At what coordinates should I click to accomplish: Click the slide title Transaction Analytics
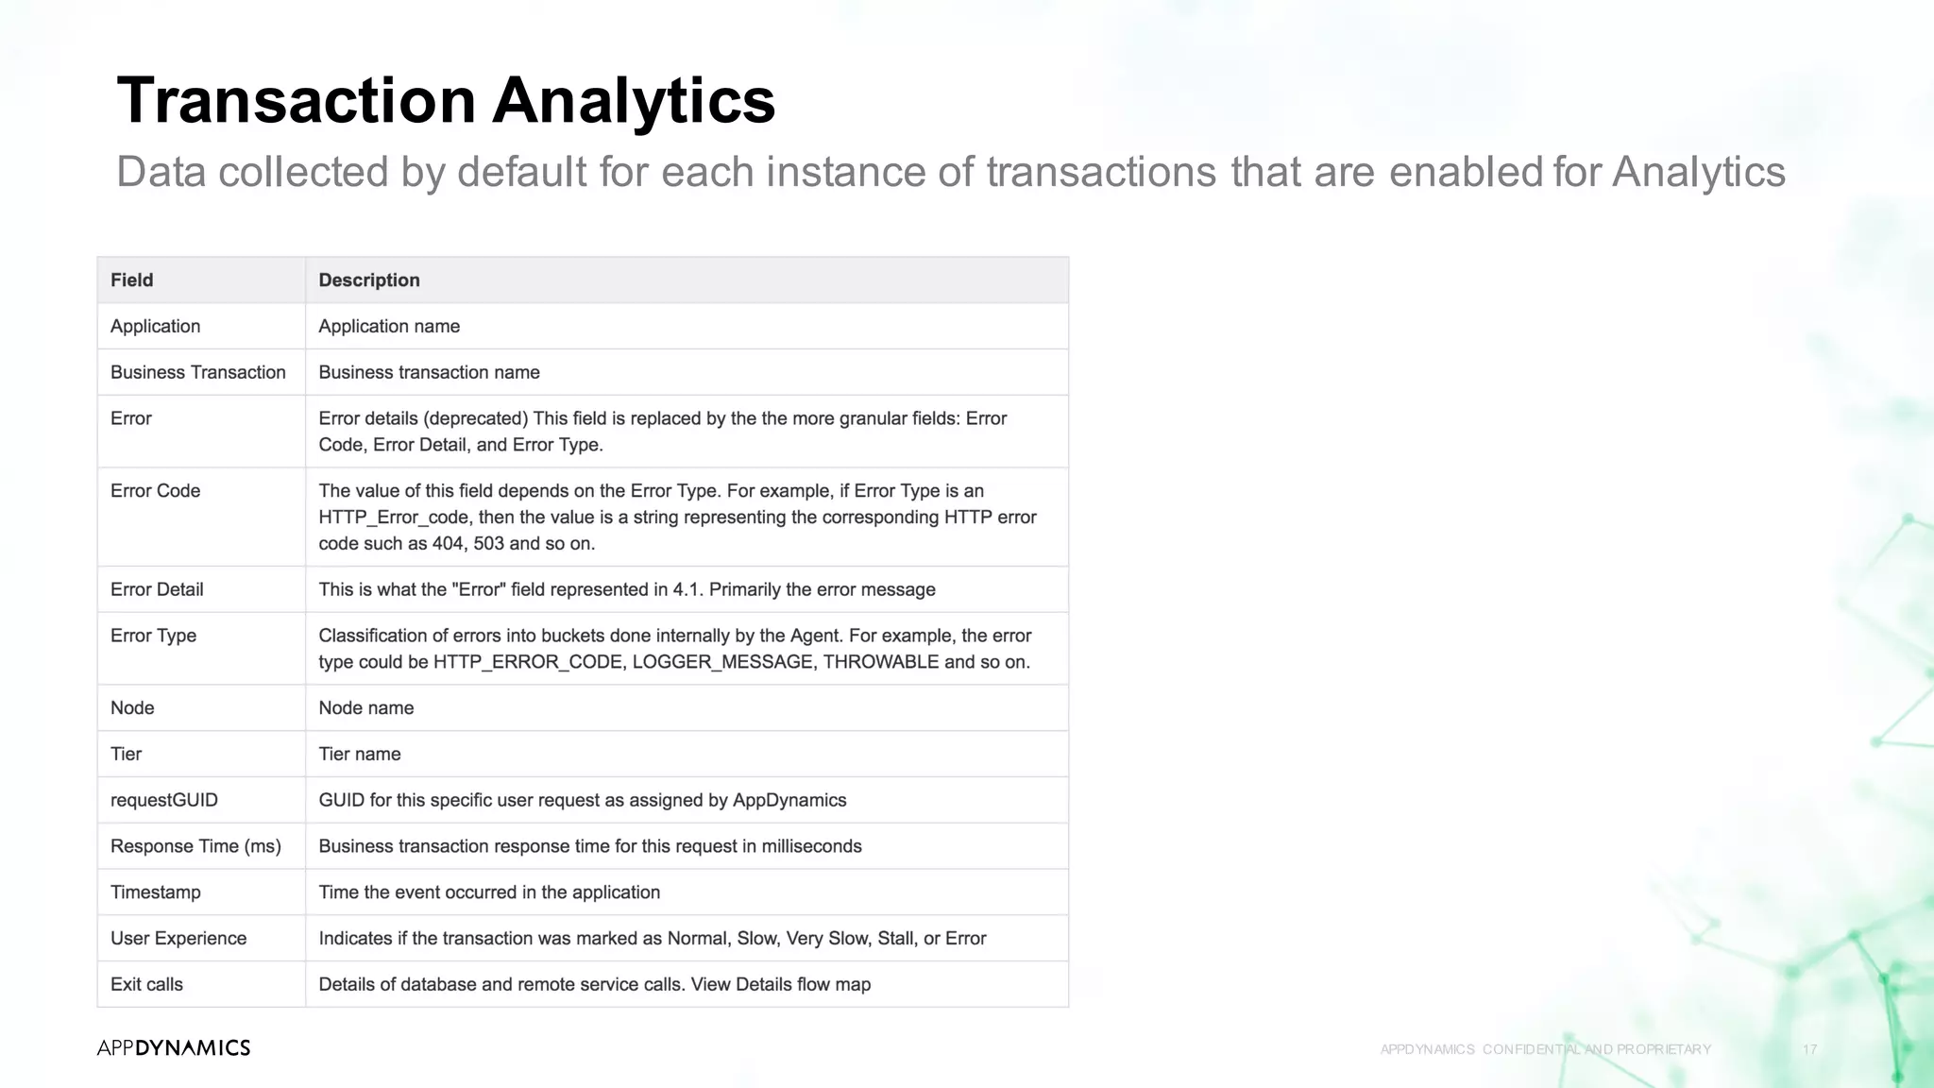click(446, 100)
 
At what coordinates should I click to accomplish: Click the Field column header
click(131, 280)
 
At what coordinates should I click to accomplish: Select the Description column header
click(368, 280)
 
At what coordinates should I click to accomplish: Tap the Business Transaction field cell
click(197, 372)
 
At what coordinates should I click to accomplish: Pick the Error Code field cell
click(155, 491)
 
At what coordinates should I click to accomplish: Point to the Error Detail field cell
click(157, 589)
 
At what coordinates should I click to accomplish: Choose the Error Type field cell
click(153, 636)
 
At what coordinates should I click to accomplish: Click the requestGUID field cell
click(163, 800)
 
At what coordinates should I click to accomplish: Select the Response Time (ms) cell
click(195, 846)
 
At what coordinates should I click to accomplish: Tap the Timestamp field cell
click(155, 892)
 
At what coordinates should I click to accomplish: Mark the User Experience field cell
click(178, 939)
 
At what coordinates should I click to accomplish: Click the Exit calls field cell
click(146, 984)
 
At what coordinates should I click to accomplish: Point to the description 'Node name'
click(365, 708)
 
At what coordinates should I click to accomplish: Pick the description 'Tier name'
click(359, 755)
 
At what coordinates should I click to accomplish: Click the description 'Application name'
click(389, 327)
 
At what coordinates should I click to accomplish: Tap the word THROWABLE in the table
click(880, 662)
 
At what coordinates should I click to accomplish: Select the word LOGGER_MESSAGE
click(722, 662)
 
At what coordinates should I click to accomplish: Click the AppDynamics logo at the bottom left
click(173, 1047)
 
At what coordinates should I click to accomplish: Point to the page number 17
click(1809, 1049)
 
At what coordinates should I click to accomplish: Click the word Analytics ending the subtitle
click(1698, 172)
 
